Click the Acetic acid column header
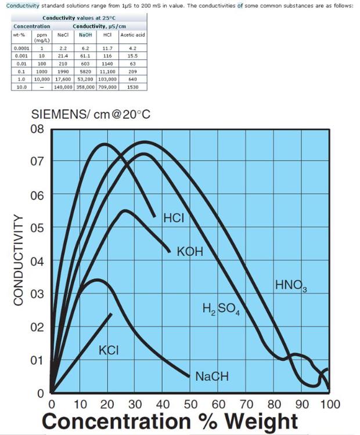pyautogui.click(x=132, y=35)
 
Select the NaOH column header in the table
pyautogui.click(x=85, y=35)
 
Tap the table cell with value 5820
pyautogui.click(x=85, y=70)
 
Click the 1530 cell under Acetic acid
pyautogui.click(x=132, y=86)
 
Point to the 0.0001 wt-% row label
pyautogui.click(x=21, y=48)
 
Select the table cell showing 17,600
pyautogui.click(x=63, y=78)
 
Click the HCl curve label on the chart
pyautogui.click(x=174, y=218)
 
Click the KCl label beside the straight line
pyautogui.click(x=109, y=350)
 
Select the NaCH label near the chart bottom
pyautogui.click(x=212, y=376)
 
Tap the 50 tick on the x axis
pyautogui.click(x=190, y=404)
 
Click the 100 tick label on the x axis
pyautogui.click(x=329, y=404)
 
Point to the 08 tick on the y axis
pyautogui.click(x=37, y=129)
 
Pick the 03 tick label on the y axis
pyautogui.click(x=37, y=294)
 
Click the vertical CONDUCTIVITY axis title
pyautogui.click(x=19, y=260)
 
